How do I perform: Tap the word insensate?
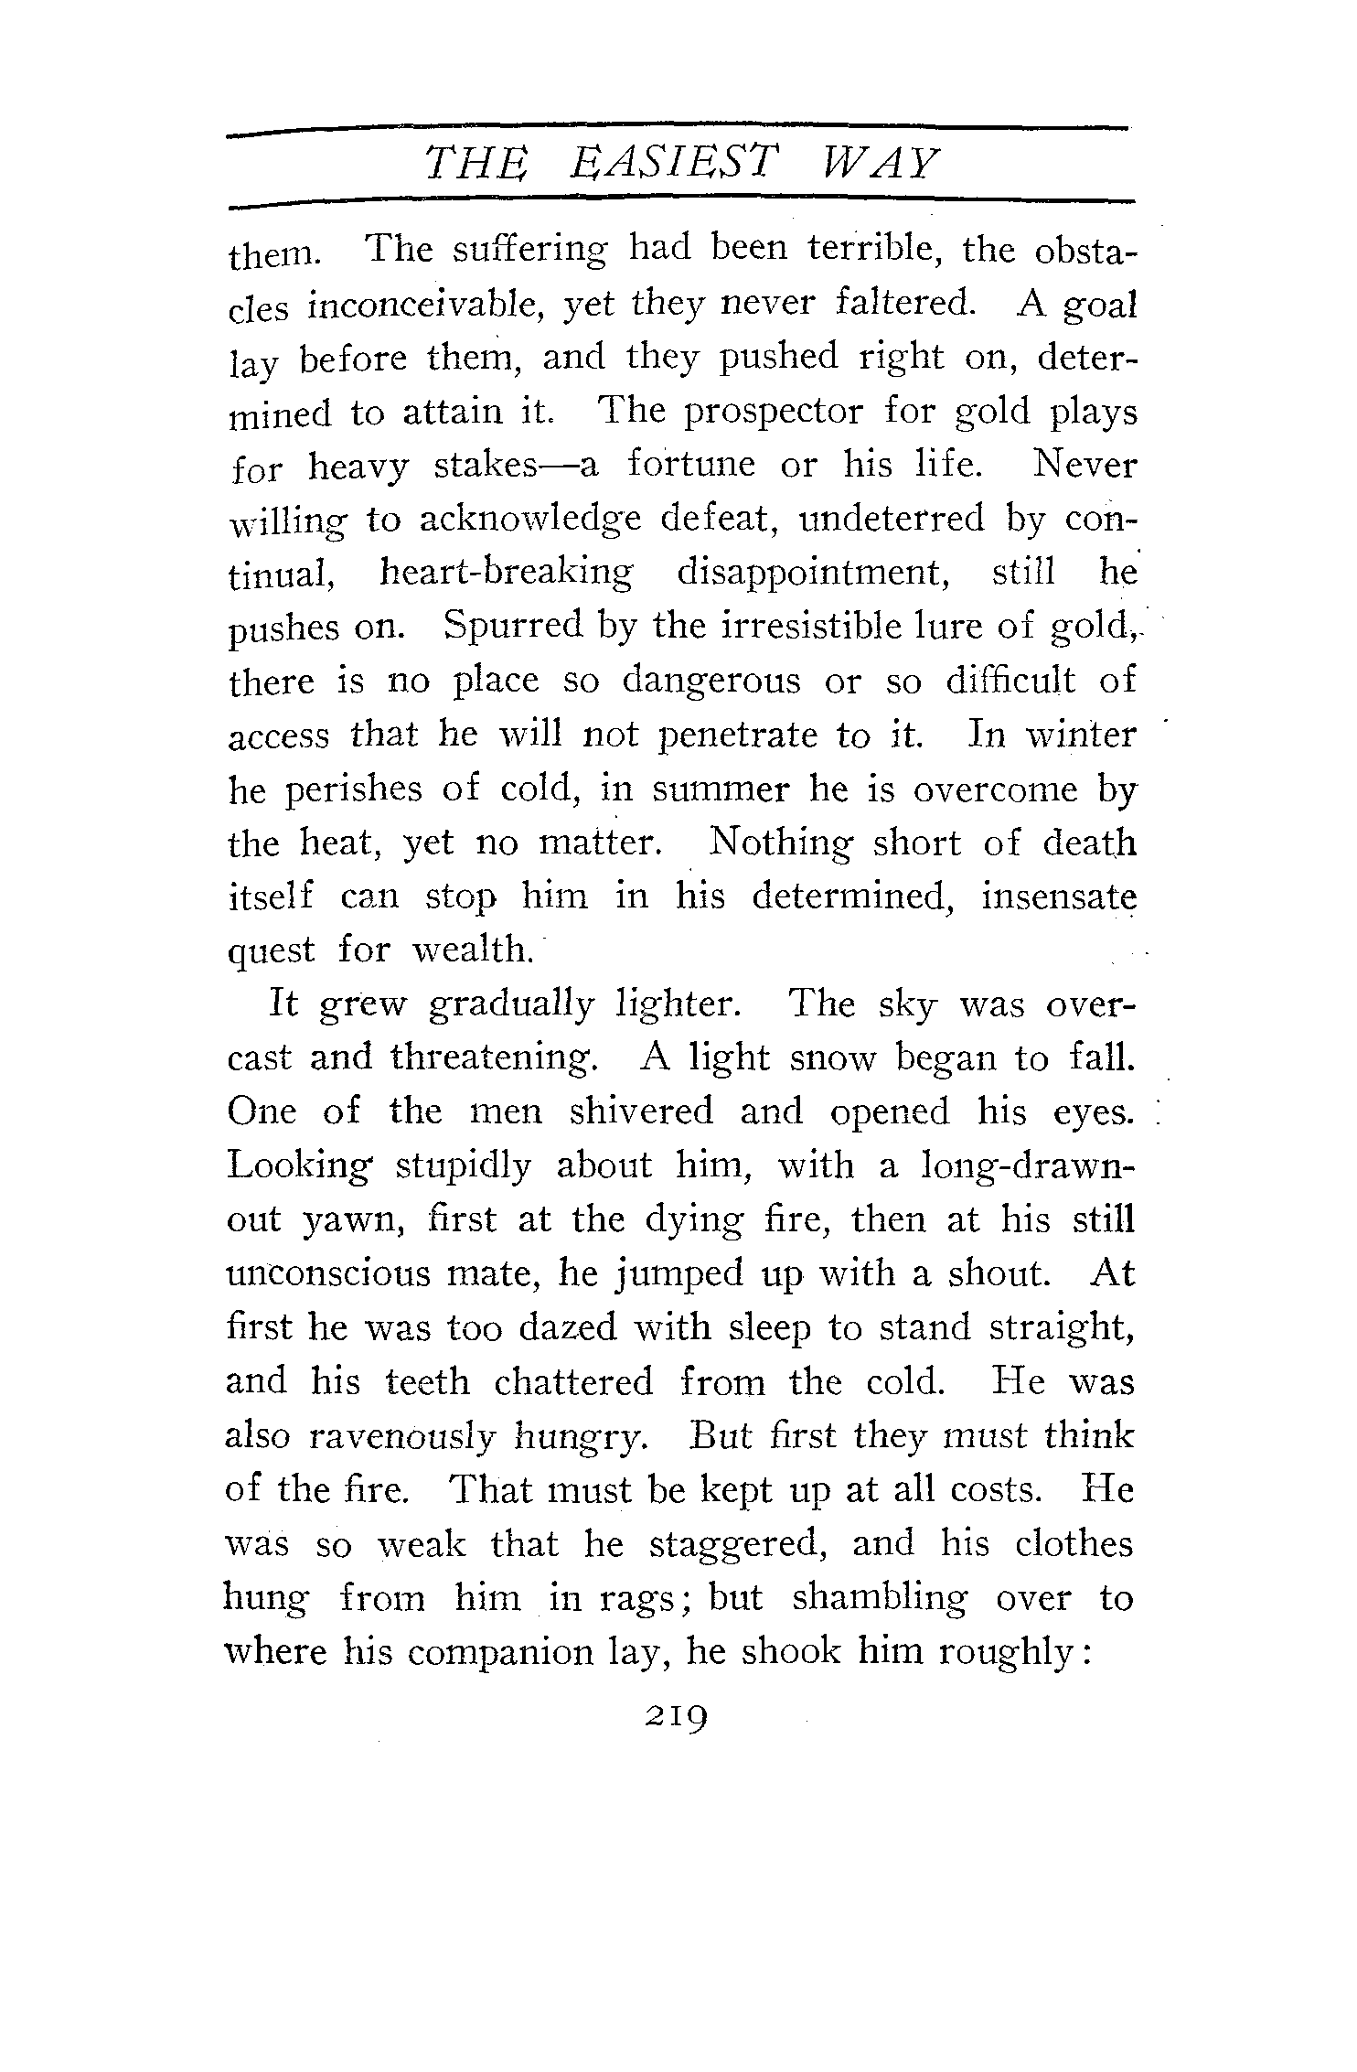[1058, 896]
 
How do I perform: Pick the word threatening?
[494, 1058]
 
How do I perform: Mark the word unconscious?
[327, 1273]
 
